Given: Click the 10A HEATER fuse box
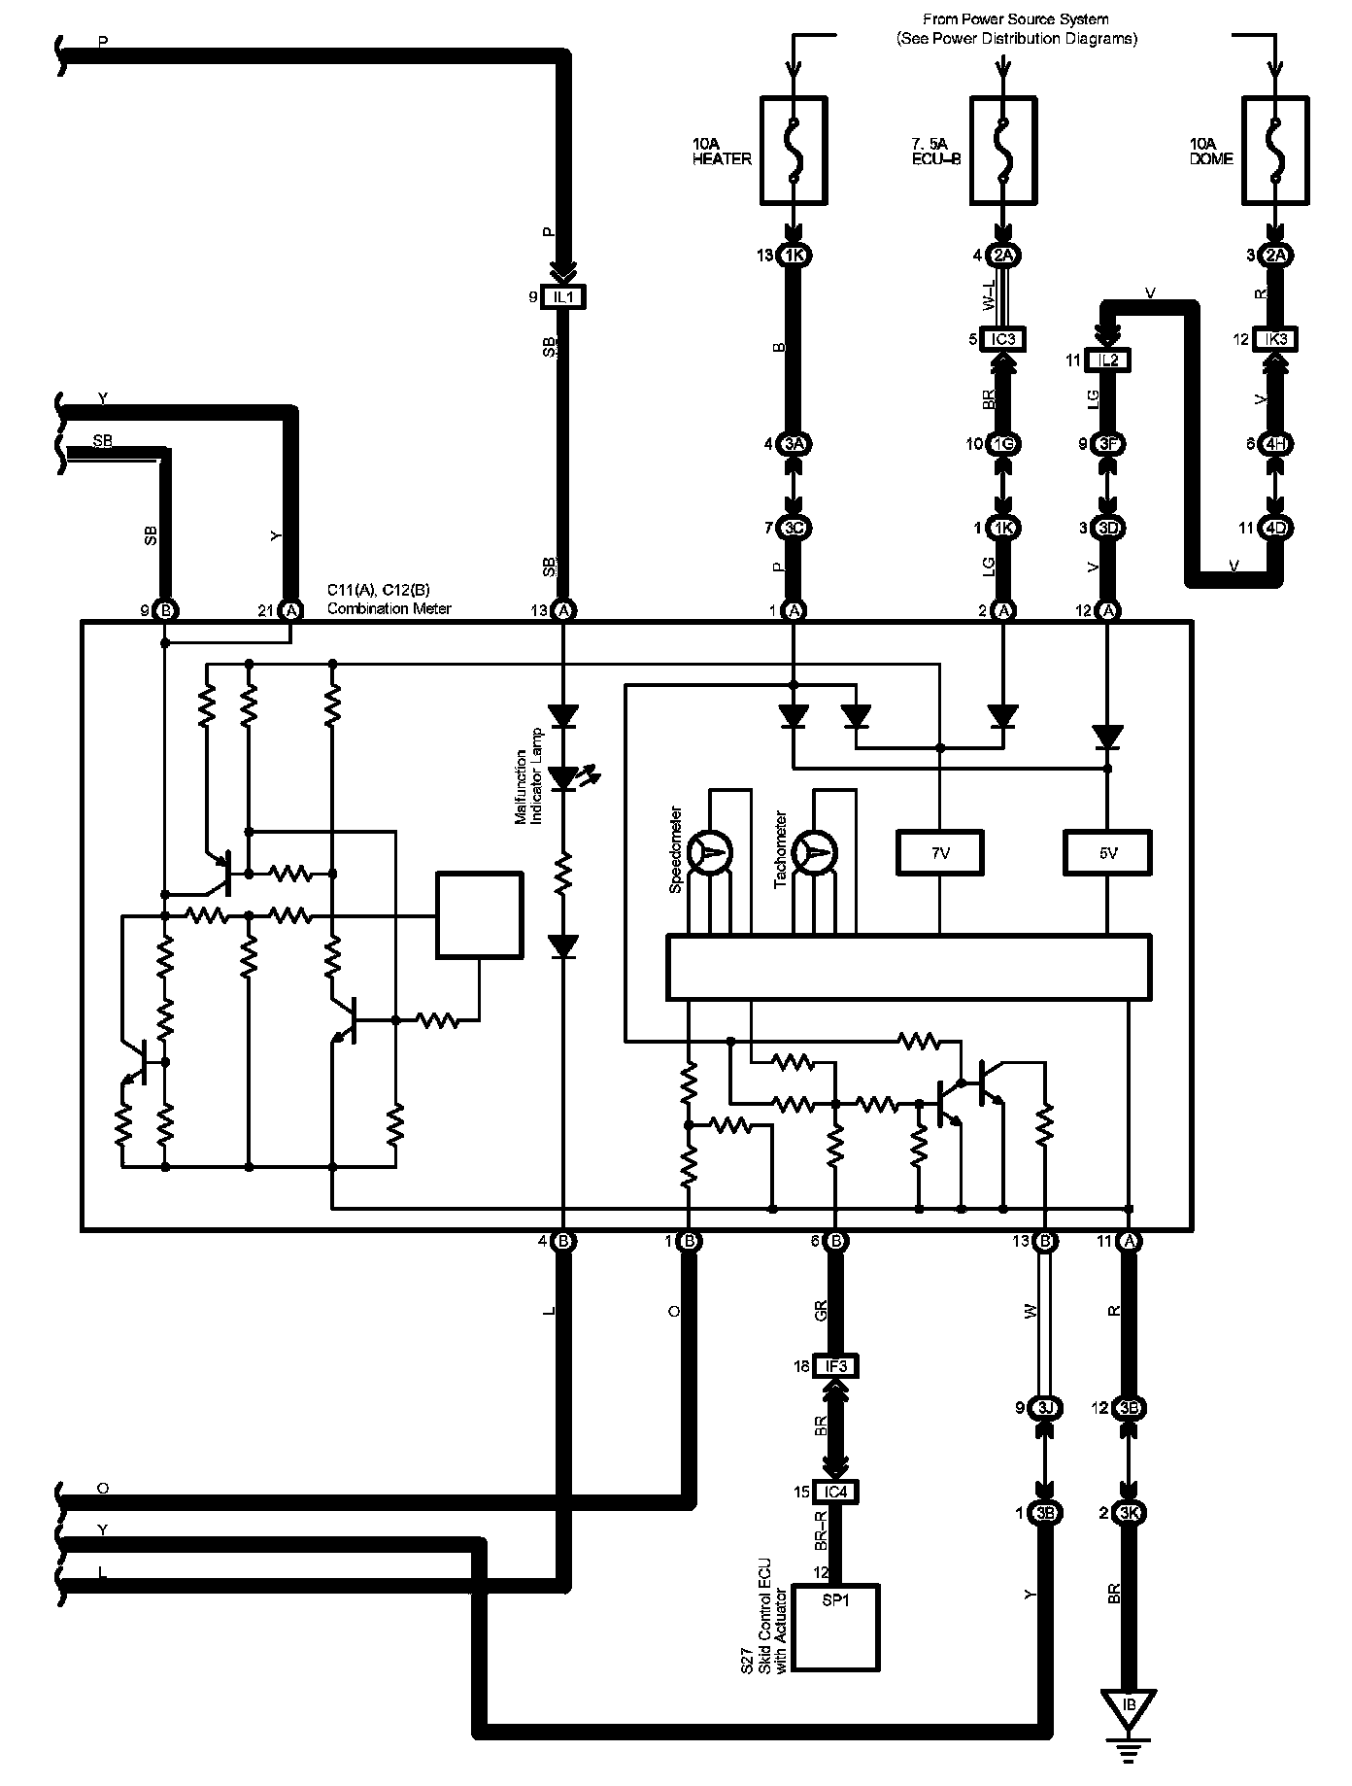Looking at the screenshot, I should click(794, 150).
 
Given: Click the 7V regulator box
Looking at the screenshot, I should click(939, 852).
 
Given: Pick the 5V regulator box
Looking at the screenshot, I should click(1108, 852).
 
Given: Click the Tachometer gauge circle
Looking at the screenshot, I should click(815, 852).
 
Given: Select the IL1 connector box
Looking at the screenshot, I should click(563, 297).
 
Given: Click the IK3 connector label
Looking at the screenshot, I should click(1276, 339).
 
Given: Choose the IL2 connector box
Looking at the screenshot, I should click(1108, 361).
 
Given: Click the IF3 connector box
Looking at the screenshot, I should click(835, 1366).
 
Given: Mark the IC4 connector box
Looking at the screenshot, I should click(835, 1492).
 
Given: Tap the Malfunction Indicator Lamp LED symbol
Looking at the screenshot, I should click(563, 777).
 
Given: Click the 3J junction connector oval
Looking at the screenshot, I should click(1045, 1407).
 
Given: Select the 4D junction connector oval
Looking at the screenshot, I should click(1276, 528).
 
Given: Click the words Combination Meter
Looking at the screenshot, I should click(389, 608).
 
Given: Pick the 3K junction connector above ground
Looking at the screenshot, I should click(1129, 1513).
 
